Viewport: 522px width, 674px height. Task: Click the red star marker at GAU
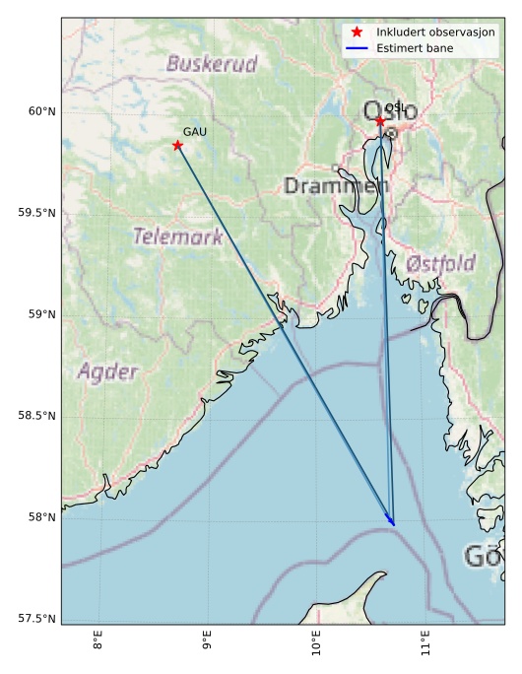pyautogui.click(x=177, y=146)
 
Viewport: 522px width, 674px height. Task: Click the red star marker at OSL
pyautogui.click(x=380, y=121)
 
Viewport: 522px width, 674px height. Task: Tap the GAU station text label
pyautogui.click(x=194, y=131)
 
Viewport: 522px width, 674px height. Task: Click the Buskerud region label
pyautogui.click(x=212, y=65)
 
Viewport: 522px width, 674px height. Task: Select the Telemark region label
pyautogui.click(x=177, y=236)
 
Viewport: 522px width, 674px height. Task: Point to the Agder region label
pyautogui.click(x=107, y=371)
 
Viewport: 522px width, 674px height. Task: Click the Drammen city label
pyautogui.click(x=336, y=185)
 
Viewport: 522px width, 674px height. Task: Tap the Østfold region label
pyautogui.click(x=440, y=263)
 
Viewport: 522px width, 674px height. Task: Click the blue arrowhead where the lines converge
pyautogui.click(x=392, y=522)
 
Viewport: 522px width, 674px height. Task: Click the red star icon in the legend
pyautogui.click(x=357, y=33)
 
